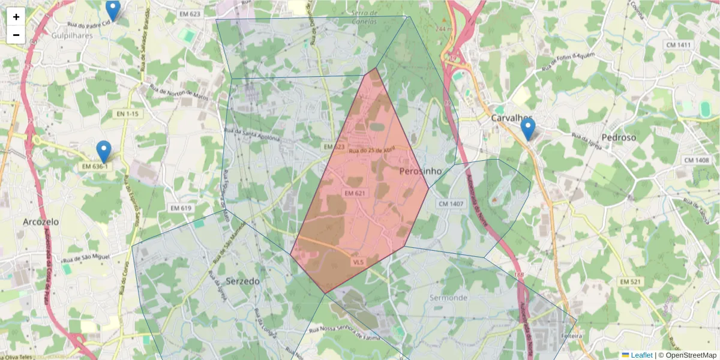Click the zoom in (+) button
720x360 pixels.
[x=16, y=17]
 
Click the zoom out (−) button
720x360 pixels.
[x=16, y=35]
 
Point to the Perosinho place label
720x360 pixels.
[x=420, y=171]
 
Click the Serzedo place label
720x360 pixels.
[x=243, y=281]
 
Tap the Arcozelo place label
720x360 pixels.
[x=41, y=221]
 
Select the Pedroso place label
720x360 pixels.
[x=619, y=137]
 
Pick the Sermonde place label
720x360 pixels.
[x=448, y=298]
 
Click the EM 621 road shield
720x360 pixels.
[x=355, y=193]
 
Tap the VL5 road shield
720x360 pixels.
[x=358, y=262]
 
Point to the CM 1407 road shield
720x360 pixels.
[x=451, y=204]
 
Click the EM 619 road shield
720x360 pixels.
[x=181, y=208]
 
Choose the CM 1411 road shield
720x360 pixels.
[x=678, y=45]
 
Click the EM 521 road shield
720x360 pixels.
[x=631, y=281]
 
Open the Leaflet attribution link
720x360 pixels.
[x=641, y=355]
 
